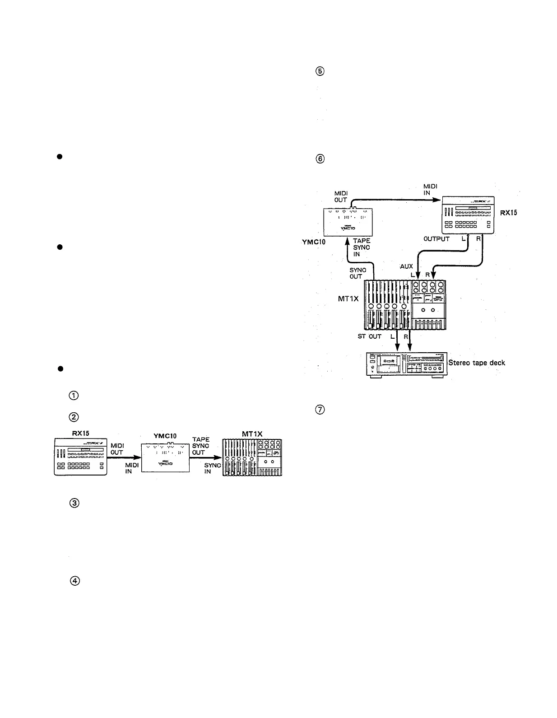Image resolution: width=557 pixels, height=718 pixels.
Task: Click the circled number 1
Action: click(74, 396)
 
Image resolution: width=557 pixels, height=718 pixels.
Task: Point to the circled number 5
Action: click(320, 71)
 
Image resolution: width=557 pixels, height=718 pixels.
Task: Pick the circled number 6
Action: click(320, 159)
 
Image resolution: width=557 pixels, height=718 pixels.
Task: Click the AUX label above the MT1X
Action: click(406, 267)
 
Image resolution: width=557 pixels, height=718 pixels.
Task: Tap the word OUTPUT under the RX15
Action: click(436, 239)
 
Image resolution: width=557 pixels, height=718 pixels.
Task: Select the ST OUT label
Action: click(369, 336)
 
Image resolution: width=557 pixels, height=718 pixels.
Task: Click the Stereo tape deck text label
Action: click(477, 363)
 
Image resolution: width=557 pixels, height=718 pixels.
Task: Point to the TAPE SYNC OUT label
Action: click(201, 446)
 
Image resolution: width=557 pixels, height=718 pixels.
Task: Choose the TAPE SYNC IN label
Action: click(362, 247)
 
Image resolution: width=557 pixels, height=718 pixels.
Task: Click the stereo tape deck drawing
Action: click(406, 365)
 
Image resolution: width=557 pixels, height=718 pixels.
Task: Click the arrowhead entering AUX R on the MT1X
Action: click(434, 274)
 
